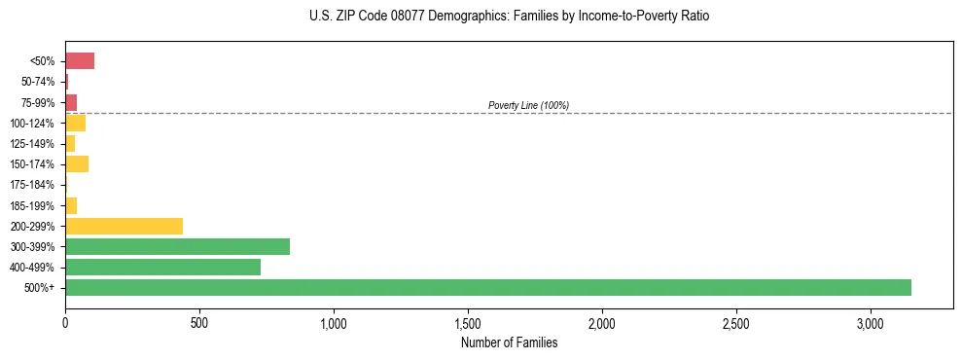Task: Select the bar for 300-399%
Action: [177, 246]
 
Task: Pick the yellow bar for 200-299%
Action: [124, 226]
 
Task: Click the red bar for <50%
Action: [80, 61]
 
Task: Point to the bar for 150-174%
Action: [77, 163]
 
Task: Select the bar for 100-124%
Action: [75, 123]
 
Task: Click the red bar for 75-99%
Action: [71, 102]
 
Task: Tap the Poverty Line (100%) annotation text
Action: [528, 105]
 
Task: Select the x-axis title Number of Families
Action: [510, 342]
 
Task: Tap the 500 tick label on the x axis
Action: [199, 322]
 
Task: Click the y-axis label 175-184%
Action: [32, 185]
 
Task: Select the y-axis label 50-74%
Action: [37, 82]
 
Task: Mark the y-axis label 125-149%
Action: [32, 144]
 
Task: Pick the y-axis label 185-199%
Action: [32, 205]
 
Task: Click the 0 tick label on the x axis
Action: [65, 322]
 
